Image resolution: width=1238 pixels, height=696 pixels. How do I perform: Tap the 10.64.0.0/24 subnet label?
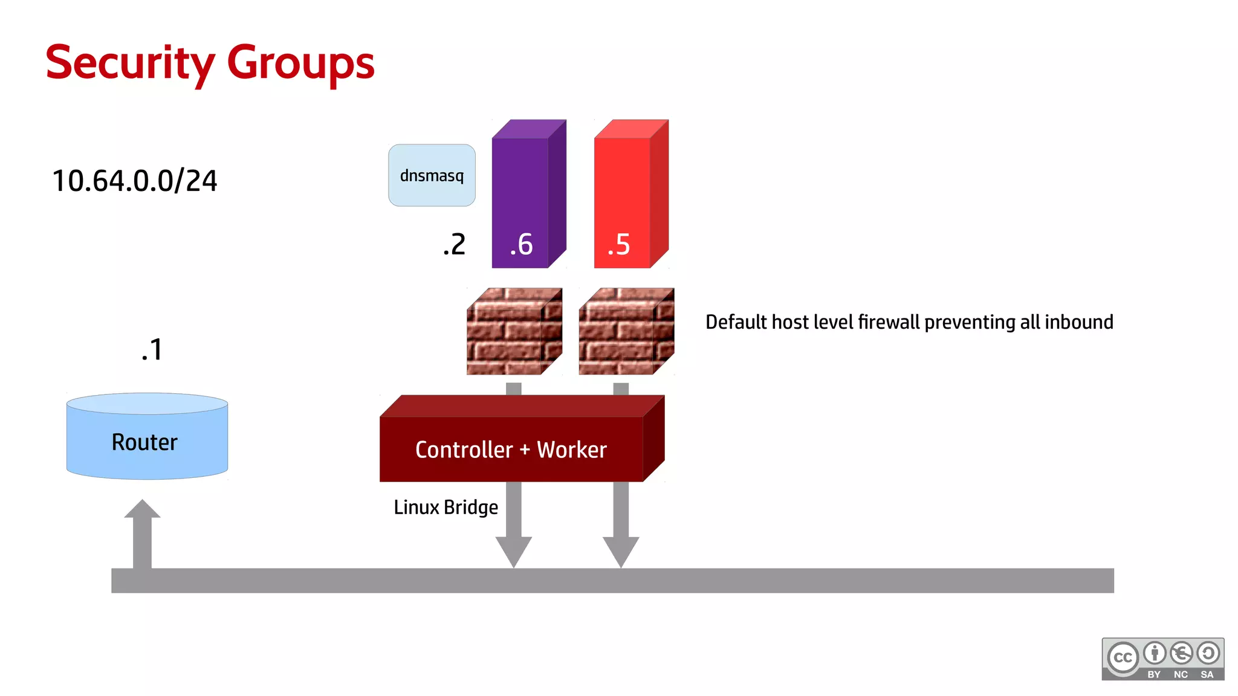pos(134,181)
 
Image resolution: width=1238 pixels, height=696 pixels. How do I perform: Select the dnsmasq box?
pos(432,175)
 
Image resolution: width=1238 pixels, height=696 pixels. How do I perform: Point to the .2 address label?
pos(455,244)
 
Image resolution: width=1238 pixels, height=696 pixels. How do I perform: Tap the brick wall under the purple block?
pos(514,331)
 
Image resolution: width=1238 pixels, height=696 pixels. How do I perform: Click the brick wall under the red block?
pos(626,331)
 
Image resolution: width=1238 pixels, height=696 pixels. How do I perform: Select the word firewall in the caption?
pos(889,322)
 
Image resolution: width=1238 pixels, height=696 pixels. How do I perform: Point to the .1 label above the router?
pos(152,350)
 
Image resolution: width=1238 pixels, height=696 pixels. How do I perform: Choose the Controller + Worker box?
pos(511,449)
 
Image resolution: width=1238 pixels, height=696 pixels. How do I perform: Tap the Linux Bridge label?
pos(446,507)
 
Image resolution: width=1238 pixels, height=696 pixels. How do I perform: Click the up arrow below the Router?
pos(142,532)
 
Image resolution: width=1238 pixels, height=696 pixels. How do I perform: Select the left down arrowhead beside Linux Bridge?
pos(514,550)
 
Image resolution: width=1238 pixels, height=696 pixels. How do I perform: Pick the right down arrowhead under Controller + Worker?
pos(621,550)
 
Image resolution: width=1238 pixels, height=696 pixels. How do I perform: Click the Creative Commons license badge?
pos(1162,659)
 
